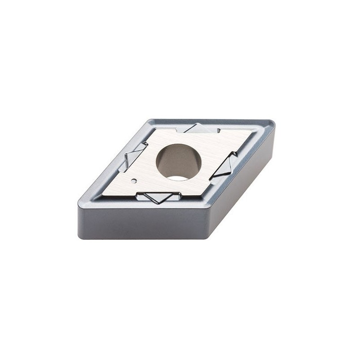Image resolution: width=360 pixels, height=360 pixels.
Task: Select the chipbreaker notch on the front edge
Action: [x=158, y=197]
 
